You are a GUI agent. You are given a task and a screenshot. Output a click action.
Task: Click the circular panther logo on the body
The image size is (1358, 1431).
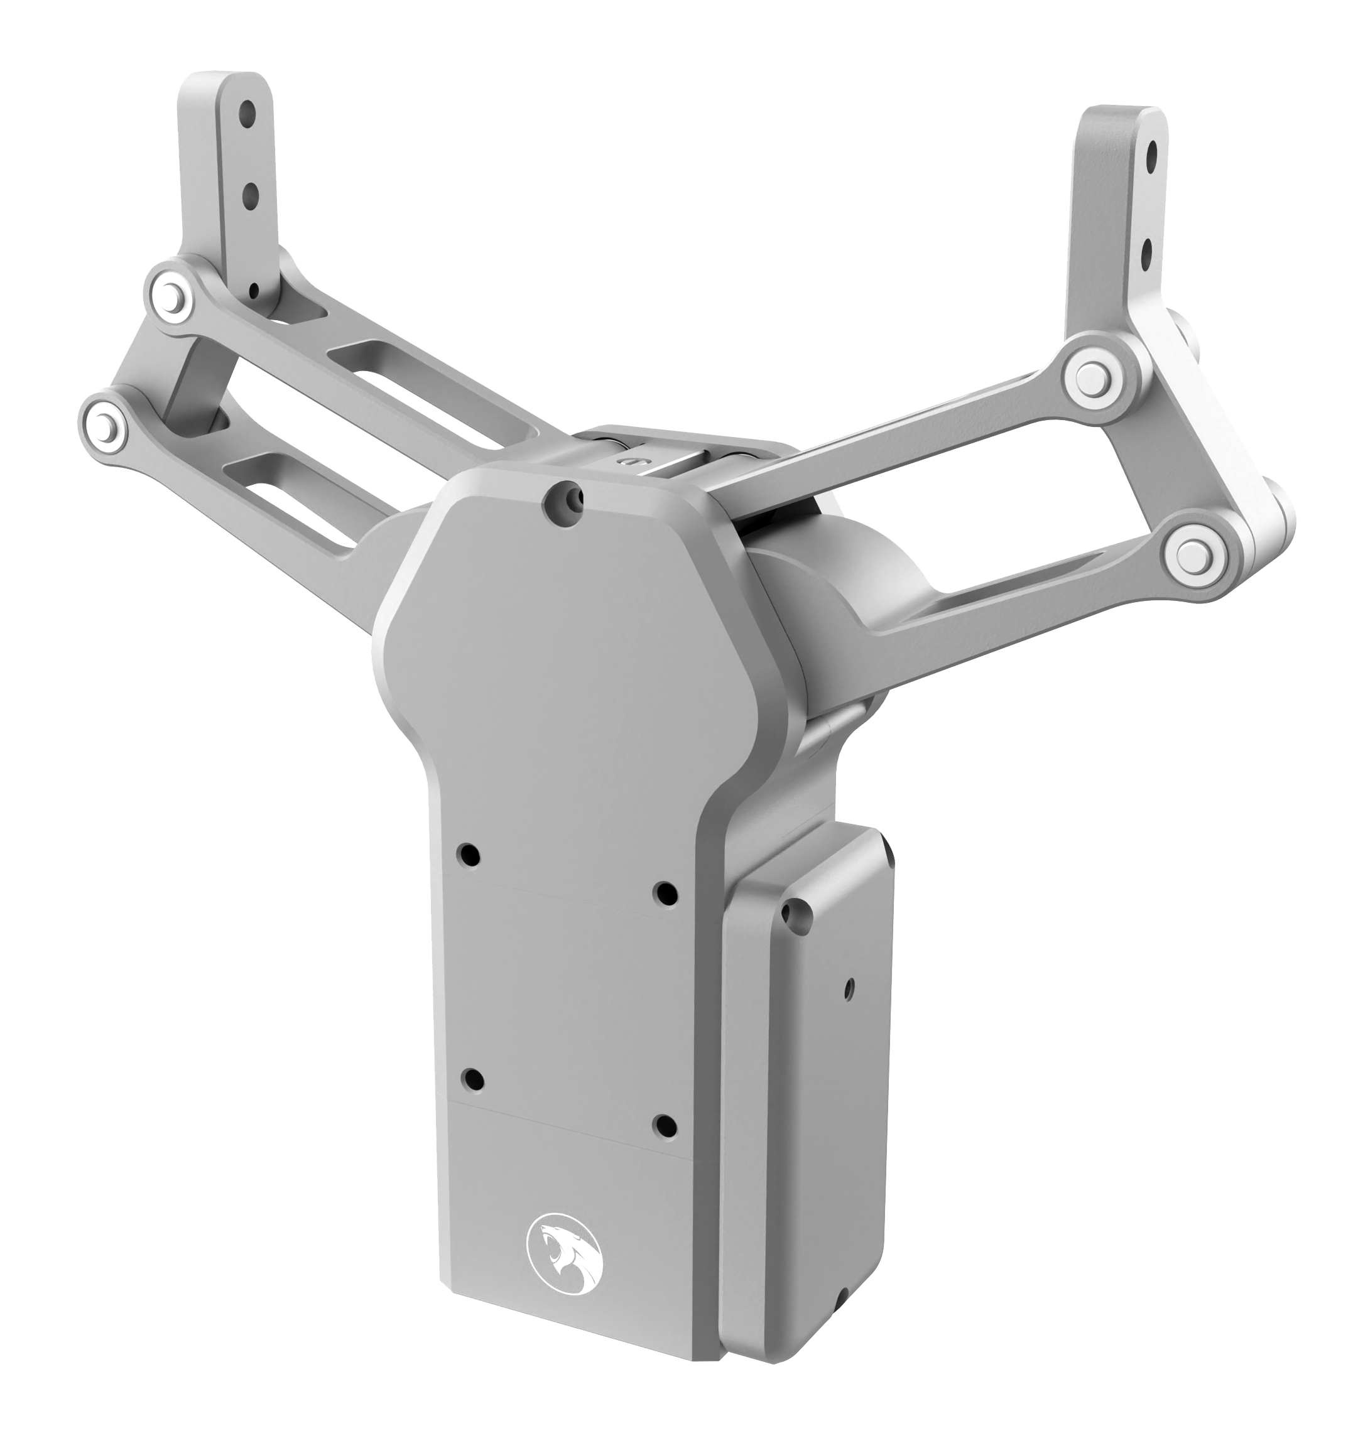pyautogui.click(x=564, y=1250)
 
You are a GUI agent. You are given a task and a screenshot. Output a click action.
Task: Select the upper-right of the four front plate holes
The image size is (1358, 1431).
pyautogui.click(x=665, y=893)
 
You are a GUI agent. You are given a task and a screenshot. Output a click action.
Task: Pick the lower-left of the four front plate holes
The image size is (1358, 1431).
pyautogui.click(x=474, y=1080)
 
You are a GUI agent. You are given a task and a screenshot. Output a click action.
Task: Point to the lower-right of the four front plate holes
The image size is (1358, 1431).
pyautogui.click(x=665, y=1125)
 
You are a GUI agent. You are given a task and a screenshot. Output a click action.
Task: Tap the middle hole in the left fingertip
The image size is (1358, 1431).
pyautogui.click(x=251, y=193)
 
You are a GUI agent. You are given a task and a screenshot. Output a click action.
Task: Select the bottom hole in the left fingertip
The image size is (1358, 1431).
pyautogui.click(x=253, y=291)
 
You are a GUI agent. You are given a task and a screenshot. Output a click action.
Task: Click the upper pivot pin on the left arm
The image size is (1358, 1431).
pyautogui.click(x=170, y=294)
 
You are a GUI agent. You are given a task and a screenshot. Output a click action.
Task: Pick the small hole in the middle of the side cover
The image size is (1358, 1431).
pyautogui.click(x=850, y=985)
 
